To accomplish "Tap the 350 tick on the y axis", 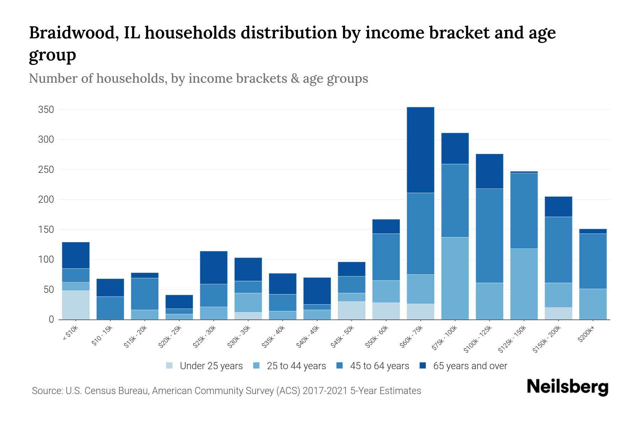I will click(46, 110).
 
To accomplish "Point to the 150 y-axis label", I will click(46, 230).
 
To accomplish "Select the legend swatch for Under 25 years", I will click(170, 366).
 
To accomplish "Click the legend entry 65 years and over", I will click(470, 366).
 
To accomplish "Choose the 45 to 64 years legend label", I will click(379, 366).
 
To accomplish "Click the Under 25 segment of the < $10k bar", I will click(76, 305).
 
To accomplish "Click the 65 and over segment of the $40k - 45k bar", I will click(317, 291).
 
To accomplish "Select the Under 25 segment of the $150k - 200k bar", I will click(558, 313).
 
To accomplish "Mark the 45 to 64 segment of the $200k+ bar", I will click(593, 261).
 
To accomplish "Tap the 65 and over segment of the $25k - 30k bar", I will click(214, 267).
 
